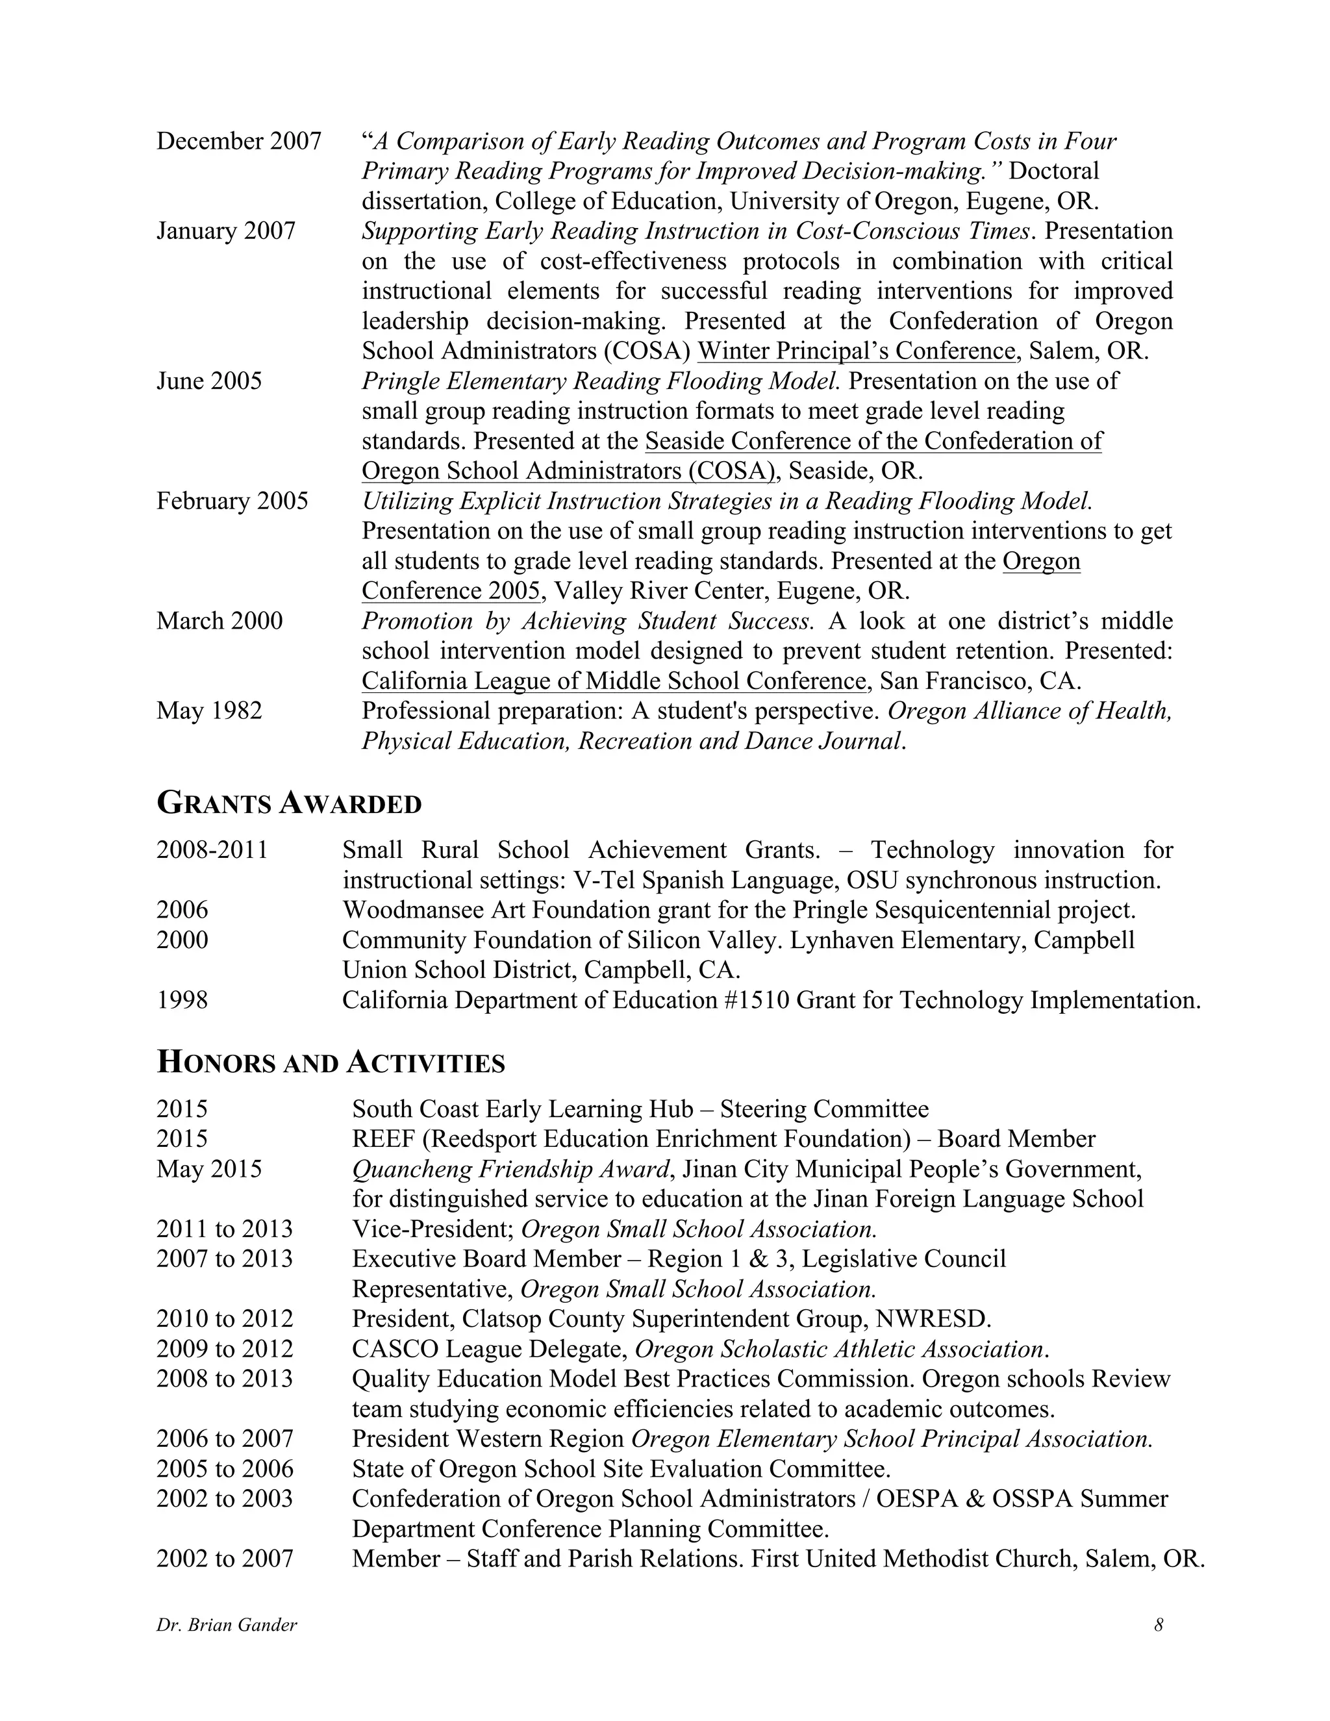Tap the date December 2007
[x=239, y=141]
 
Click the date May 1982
[x=209, y=710]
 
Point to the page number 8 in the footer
[x=1159, y=1625]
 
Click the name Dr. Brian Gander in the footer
[x=227, y=1625]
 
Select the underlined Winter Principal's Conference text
[x=857, y=351]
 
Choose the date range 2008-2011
[x=212, y=850]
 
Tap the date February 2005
[x=232, y=501]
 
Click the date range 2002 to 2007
[x=225, y=1559]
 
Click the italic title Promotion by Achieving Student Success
[x=587, y=621]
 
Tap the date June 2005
[x=209, y=381]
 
